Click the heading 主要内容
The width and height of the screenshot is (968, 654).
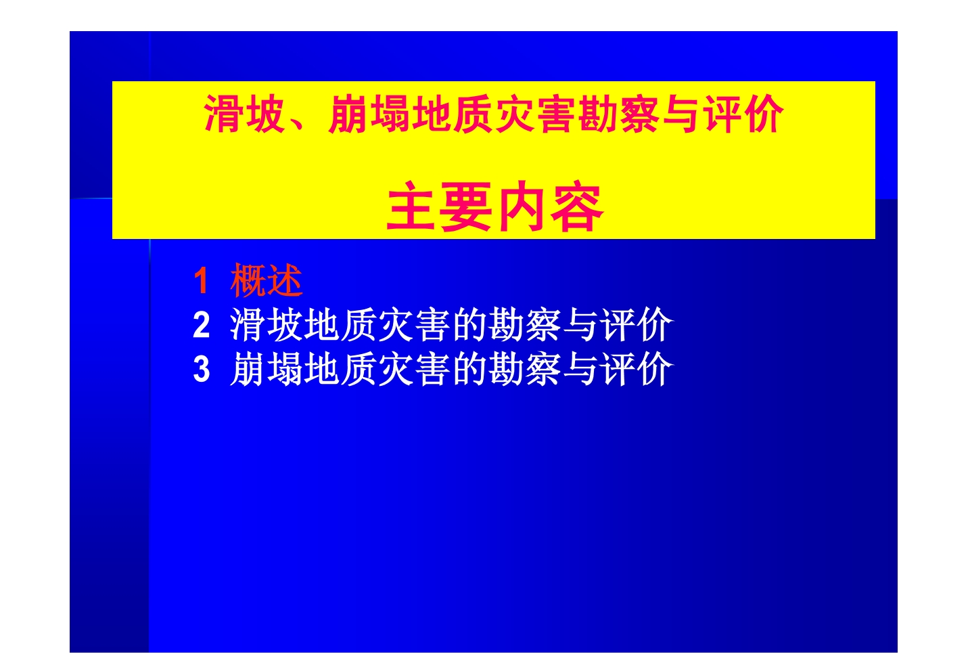click(x=494, y=206)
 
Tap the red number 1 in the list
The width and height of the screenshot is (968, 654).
click(x=201, y=281)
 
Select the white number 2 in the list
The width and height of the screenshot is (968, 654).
click(x=202, y=325)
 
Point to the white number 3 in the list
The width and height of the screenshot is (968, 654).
click(x=202, y=370)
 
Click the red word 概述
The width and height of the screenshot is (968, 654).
click(x=267, y=280)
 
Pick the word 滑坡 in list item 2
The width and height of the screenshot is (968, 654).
click(x=267, y=325)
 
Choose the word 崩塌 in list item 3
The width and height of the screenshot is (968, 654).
click(x=267, y=369)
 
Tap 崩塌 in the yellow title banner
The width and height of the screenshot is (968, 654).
click(x=369, y=114)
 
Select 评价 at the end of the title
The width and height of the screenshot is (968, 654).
click(x=743, y=114)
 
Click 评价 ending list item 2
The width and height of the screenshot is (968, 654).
click(x=637, y=325)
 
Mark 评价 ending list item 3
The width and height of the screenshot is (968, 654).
click(x=637, y=369)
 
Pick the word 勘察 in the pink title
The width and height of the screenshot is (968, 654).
click(x=618, y=114)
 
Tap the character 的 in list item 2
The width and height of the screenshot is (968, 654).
click(x=470, y=325)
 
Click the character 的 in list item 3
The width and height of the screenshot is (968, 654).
click(x=470, y=369)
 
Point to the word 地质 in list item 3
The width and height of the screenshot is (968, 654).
click(x=340, y=369)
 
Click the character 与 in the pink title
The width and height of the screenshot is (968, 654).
click(x=681, y=114)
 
